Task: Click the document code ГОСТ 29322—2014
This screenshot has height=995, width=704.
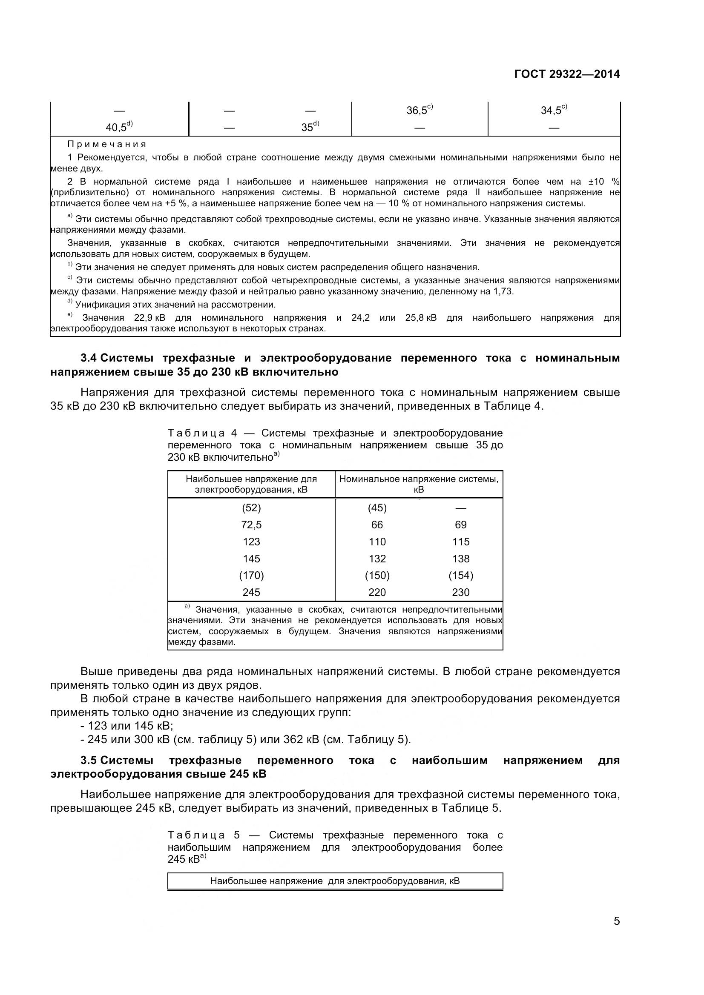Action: pyautogui.click(x=566, y=74)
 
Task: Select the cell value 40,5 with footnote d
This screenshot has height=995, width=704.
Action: pyautogui.click(x=117, y=128)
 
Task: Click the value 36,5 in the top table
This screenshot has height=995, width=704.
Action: pyautogui.click(x=417, y=111)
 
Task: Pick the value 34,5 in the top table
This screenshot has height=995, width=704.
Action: pyautogui.click(x=551, y=111)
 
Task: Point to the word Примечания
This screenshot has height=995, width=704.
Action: pyautogui.click(x=107, y=144)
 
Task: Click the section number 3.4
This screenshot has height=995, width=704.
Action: pyautogui.click(x=90, y=358)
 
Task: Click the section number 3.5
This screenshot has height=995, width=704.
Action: pyautogui.click(x=90, y=760)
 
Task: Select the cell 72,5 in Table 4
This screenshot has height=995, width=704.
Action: pyautogui.click(x=251, y=525)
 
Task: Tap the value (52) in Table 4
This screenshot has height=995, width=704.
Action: pyautogui.click(x=251, y=508)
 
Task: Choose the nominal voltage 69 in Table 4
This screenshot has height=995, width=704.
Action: pyautogui.click(x=460, y=525)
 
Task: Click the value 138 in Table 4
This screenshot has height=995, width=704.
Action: pyautogui.click(x=460, y=559)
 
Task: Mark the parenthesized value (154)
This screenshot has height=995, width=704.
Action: pyautogui.click(x=460, y=576)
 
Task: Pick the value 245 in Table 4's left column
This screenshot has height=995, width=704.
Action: pyautogui.click(x=251, y=593)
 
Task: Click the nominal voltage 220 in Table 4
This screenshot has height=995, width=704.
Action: pyautogui.click(x=377, y=593)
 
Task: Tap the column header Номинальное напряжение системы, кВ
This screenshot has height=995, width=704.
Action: pyautogui.click(x=419, y=484)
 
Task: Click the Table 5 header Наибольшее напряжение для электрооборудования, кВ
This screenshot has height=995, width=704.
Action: pyautogui.click(x=335, y=881)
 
